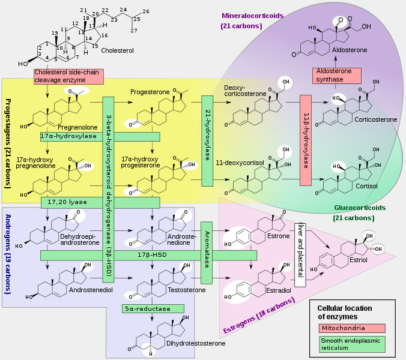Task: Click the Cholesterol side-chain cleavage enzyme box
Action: point(68,76)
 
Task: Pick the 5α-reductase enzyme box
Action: point(146,308)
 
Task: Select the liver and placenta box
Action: point(300,254)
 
